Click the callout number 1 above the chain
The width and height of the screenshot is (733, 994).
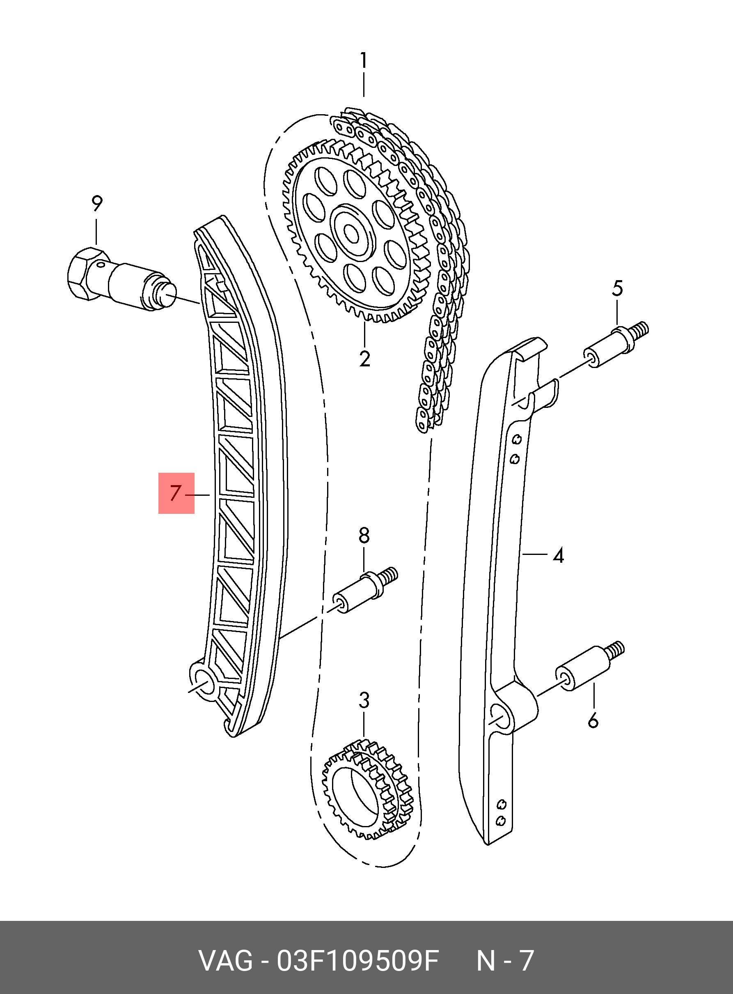point(363,60)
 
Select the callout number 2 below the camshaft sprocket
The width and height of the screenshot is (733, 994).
point(365,359)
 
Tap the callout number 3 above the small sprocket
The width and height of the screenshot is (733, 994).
point(364,700)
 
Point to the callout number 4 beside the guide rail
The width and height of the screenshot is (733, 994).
point(559,555)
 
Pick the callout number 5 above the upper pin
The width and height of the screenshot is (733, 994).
point(617,289)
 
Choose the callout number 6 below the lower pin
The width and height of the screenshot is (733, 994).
point(593,720)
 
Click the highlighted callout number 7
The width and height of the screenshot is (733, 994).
point(176,493)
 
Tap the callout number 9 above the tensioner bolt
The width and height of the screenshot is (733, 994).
point(97,204)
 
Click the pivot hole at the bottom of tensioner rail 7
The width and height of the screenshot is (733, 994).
point(204,682)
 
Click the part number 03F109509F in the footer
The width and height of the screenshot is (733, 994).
point(357,960)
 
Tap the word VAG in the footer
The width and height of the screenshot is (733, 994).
point(225,960)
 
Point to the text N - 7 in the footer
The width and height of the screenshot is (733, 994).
point(504,960)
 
